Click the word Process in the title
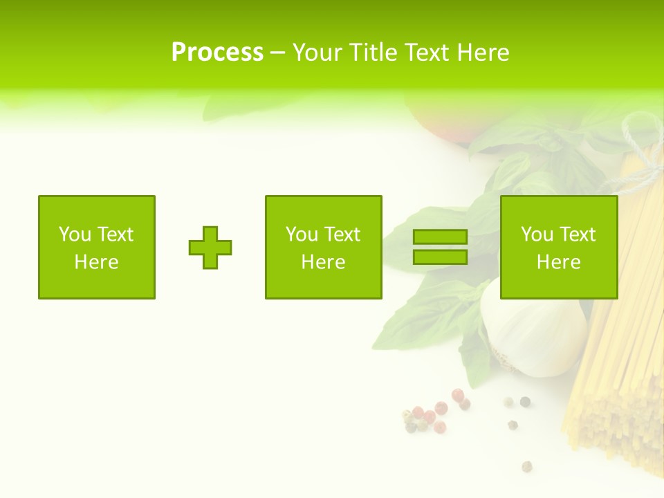click(x=217, y=53)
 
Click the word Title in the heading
click(x=374, y=53)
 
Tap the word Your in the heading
click(x=317, y=53)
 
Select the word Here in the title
click(x=481, y=53)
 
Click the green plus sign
click(x=210, y=248)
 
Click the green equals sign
click(x=440, y=247)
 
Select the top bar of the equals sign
click(x=440, y=237)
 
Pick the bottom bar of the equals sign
click(x=440, y=257)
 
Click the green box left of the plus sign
click(x=97, y=247)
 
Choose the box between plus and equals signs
click(x=324, y=247)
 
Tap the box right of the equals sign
click(x=559, y=247)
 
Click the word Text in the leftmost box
click(x=116, y=234)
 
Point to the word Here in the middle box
click(x=324, y=262)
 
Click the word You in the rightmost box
click(x=537, y=234)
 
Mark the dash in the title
click(x=278, y=53)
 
